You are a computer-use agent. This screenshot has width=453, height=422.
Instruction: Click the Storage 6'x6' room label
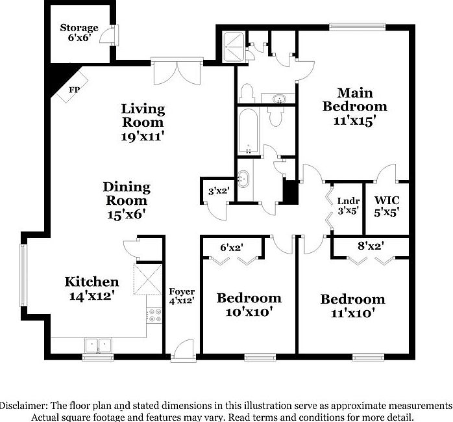coord(79,33)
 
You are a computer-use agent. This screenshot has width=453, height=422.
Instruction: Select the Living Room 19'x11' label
coord(143,122)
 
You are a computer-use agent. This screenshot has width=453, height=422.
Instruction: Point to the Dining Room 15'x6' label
coord(127,200)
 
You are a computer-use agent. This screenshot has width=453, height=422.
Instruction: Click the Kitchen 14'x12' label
coord(92,288)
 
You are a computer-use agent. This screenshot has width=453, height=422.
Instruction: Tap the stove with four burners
coord(155,316)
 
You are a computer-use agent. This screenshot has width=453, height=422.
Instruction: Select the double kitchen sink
coord(99,345)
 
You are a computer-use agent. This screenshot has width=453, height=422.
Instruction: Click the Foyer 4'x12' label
coord(182,296)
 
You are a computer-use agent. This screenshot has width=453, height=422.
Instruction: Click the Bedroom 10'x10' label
coord(249,305)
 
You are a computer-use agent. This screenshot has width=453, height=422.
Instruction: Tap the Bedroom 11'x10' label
coord(352,306)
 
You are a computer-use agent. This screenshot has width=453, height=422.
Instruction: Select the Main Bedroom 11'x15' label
coord(354,106)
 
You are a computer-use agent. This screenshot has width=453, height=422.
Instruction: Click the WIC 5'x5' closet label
coord(386,205)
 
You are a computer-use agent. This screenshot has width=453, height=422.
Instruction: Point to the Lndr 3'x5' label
coord(343,206)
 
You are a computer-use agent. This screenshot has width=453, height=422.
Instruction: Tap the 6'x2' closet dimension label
coord(232,247)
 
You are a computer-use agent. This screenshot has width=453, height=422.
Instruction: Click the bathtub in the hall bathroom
coord(249,131)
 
